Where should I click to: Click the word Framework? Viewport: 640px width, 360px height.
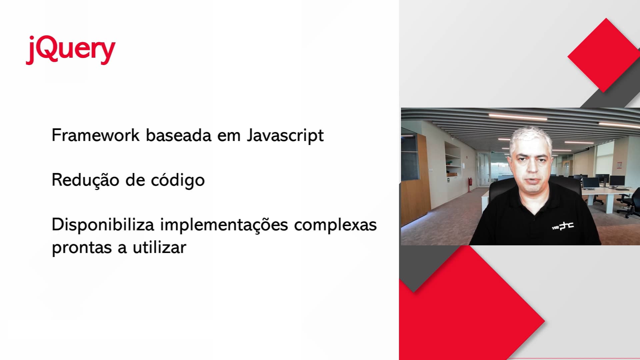pos(95,135)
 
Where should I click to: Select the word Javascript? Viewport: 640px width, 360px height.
pos(285,135)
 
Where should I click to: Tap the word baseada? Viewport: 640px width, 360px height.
pos(179,135)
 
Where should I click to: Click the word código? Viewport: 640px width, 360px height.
pos(178,181)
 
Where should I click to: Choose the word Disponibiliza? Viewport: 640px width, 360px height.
pos(103,225)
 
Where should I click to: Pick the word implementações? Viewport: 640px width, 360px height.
pos(224,225)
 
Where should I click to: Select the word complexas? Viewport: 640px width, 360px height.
pos(335,225)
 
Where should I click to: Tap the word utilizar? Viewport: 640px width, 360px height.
pos(159,247)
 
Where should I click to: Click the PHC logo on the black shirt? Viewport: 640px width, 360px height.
pos(563,227)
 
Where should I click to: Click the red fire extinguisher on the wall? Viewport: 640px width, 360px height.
pos(470,184)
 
